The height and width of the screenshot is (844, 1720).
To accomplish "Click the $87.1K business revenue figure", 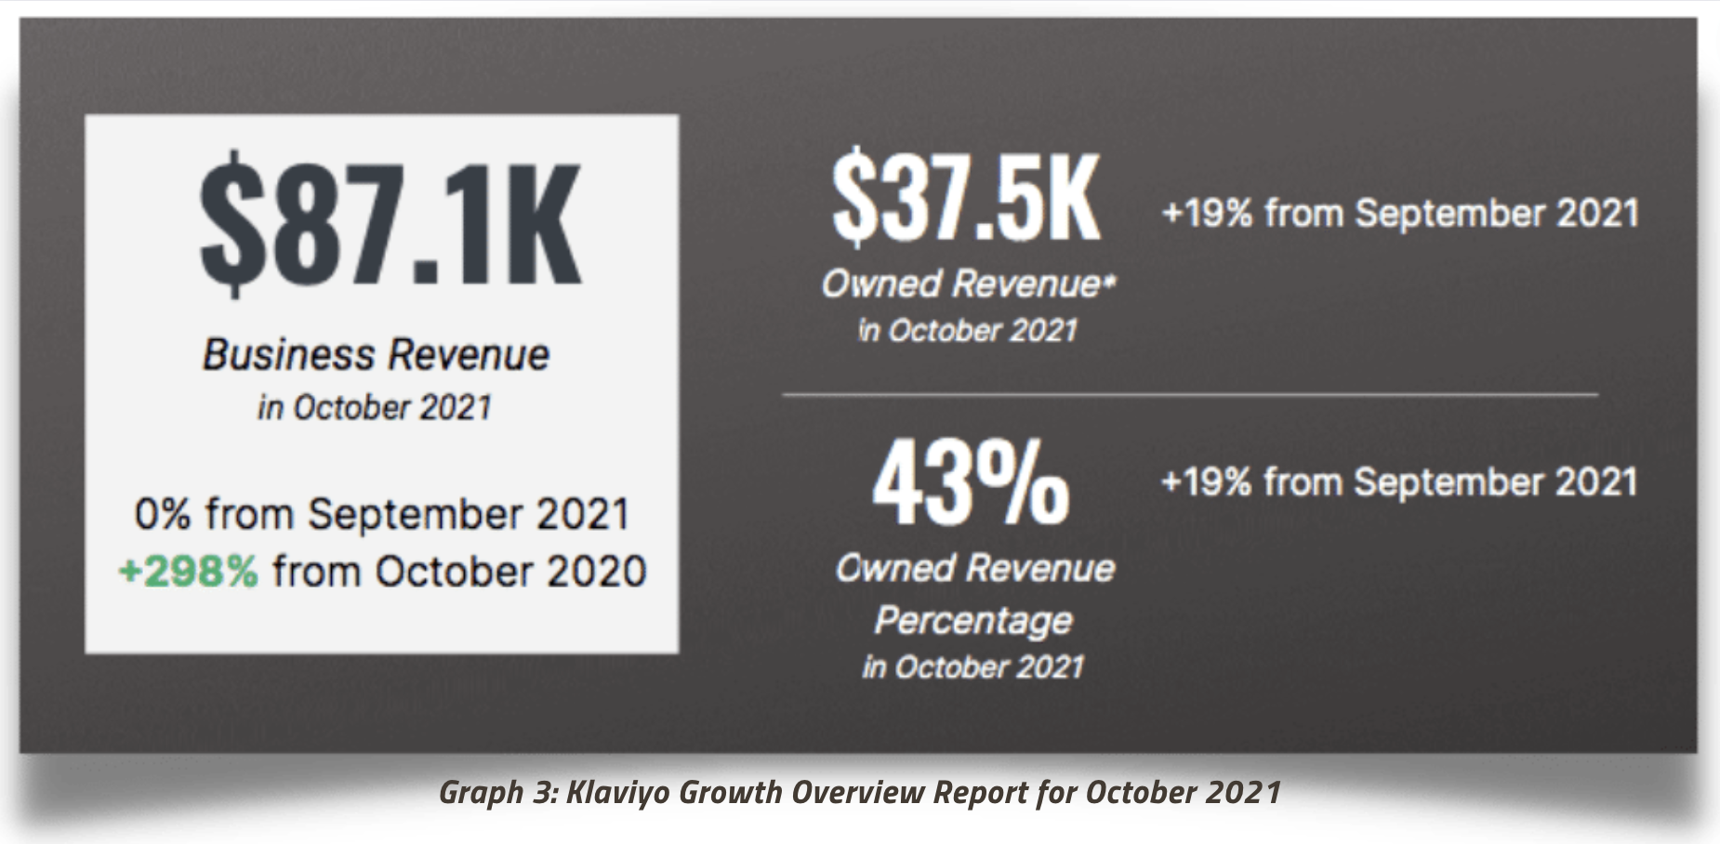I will click(390, 223).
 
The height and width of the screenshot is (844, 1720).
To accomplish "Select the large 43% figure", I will click(971, 482).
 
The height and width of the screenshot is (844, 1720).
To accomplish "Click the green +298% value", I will click(189, 571).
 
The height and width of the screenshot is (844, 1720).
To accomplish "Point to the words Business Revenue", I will click(376, 355).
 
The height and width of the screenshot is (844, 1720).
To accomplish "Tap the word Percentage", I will click(973, 620).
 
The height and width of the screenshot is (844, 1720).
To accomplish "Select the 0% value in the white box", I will click(163, 514).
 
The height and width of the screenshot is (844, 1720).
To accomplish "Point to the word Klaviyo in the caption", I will click(617, 792).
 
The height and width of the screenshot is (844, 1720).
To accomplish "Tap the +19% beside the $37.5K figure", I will click(1207, 213).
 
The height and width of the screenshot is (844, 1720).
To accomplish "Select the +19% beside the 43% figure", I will click(1206, 482).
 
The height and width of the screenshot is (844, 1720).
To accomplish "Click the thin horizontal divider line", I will click(1190, 395).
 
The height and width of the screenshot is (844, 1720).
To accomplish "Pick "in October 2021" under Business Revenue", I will click(375, 407).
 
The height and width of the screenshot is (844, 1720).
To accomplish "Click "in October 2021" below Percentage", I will click(973, 666).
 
